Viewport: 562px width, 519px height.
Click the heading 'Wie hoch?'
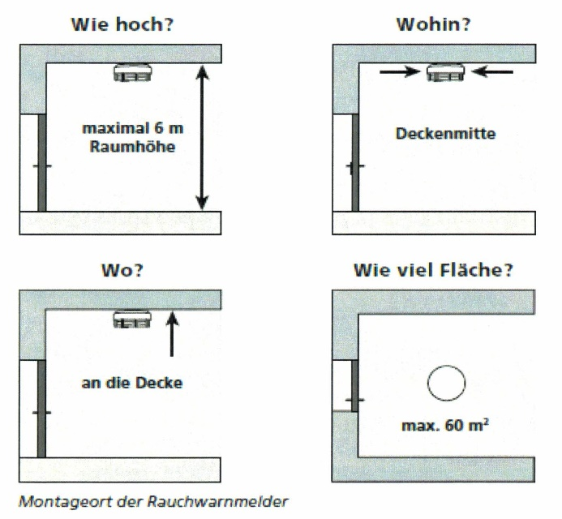[x=122, y=24]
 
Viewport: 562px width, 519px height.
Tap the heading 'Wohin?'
[x=433, y=24]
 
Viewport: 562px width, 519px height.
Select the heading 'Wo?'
[x=122, y=270]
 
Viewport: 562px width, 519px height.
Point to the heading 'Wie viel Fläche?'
[x=433, y=270]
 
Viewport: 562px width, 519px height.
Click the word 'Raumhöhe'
[x=133, y=147]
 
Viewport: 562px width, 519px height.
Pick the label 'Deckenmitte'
[x=445, y=134]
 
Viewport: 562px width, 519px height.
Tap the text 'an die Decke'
[x=132, y=383]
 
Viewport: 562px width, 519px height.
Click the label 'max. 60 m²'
[x=445, y=425]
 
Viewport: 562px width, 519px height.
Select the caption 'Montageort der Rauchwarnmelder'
[x=153, y=501]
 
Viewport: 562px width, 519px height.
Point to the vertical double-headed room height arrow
[x=202, y=137]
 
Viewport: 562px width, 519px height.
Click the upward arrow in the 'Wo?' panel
[x=172, y=334]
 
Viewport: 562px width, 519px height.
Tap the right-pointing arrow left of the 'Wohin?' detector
[x=400, y=71]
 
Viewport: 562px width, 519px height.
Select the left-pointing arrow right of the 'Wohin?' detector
[x=492, y=71]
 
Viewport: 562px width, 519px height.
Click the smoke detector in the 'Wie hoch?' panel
[x=133, y=72]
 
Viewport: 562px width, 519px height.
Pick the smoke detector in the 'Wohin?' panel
[x=446, y=72]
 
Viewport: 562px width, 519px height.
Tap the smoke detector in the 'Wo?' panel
[x=132, y=319]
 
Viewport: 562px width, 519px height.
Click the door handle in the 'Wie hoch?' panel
[x=42, y=166]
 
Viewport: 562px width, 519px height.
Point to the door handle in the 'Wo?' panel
[x=41, y=412]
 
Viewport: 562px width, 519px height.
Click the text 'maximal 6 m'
[x=133, y=128]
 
